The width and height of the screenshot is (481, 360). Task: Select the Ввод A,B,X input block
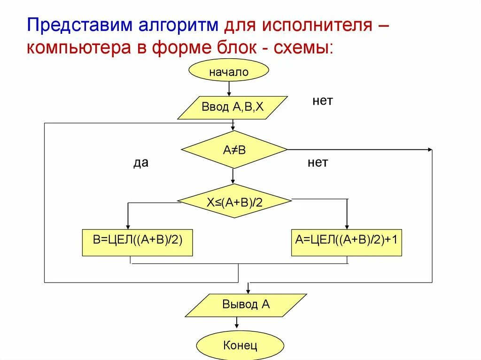[x=233, y=107]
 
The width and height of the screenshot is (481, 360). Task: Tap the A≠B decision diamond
[x=234, y=150]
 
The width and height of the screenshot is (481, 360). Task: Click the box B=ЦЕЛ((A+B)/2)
[x=137, y=242]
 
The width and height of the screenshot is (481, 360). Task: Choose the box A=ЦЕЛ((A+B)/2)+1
[x=346, y=242]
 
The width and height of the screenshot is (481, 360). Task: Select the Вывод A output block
[x=246, y=305]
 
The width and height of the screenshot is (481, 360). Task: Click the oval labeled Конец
[x=240, y=346]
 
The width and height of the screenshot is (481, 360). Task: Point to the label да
[x=140, y=163]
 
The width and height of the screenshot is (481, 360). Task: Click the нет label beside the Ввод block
[x=323, y=101]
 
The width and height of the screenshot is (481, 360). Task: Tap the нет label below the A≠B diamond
[x=318, y=163]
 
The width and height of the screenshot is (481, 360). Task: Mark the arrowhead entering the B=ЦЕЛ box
[x=128, y=226]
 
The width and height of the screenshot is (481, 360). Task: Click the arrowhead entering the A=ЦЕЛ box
[x=347, y=226]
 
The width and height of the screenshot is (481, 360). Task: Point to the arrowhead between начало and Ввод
[x=229, y=93]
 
